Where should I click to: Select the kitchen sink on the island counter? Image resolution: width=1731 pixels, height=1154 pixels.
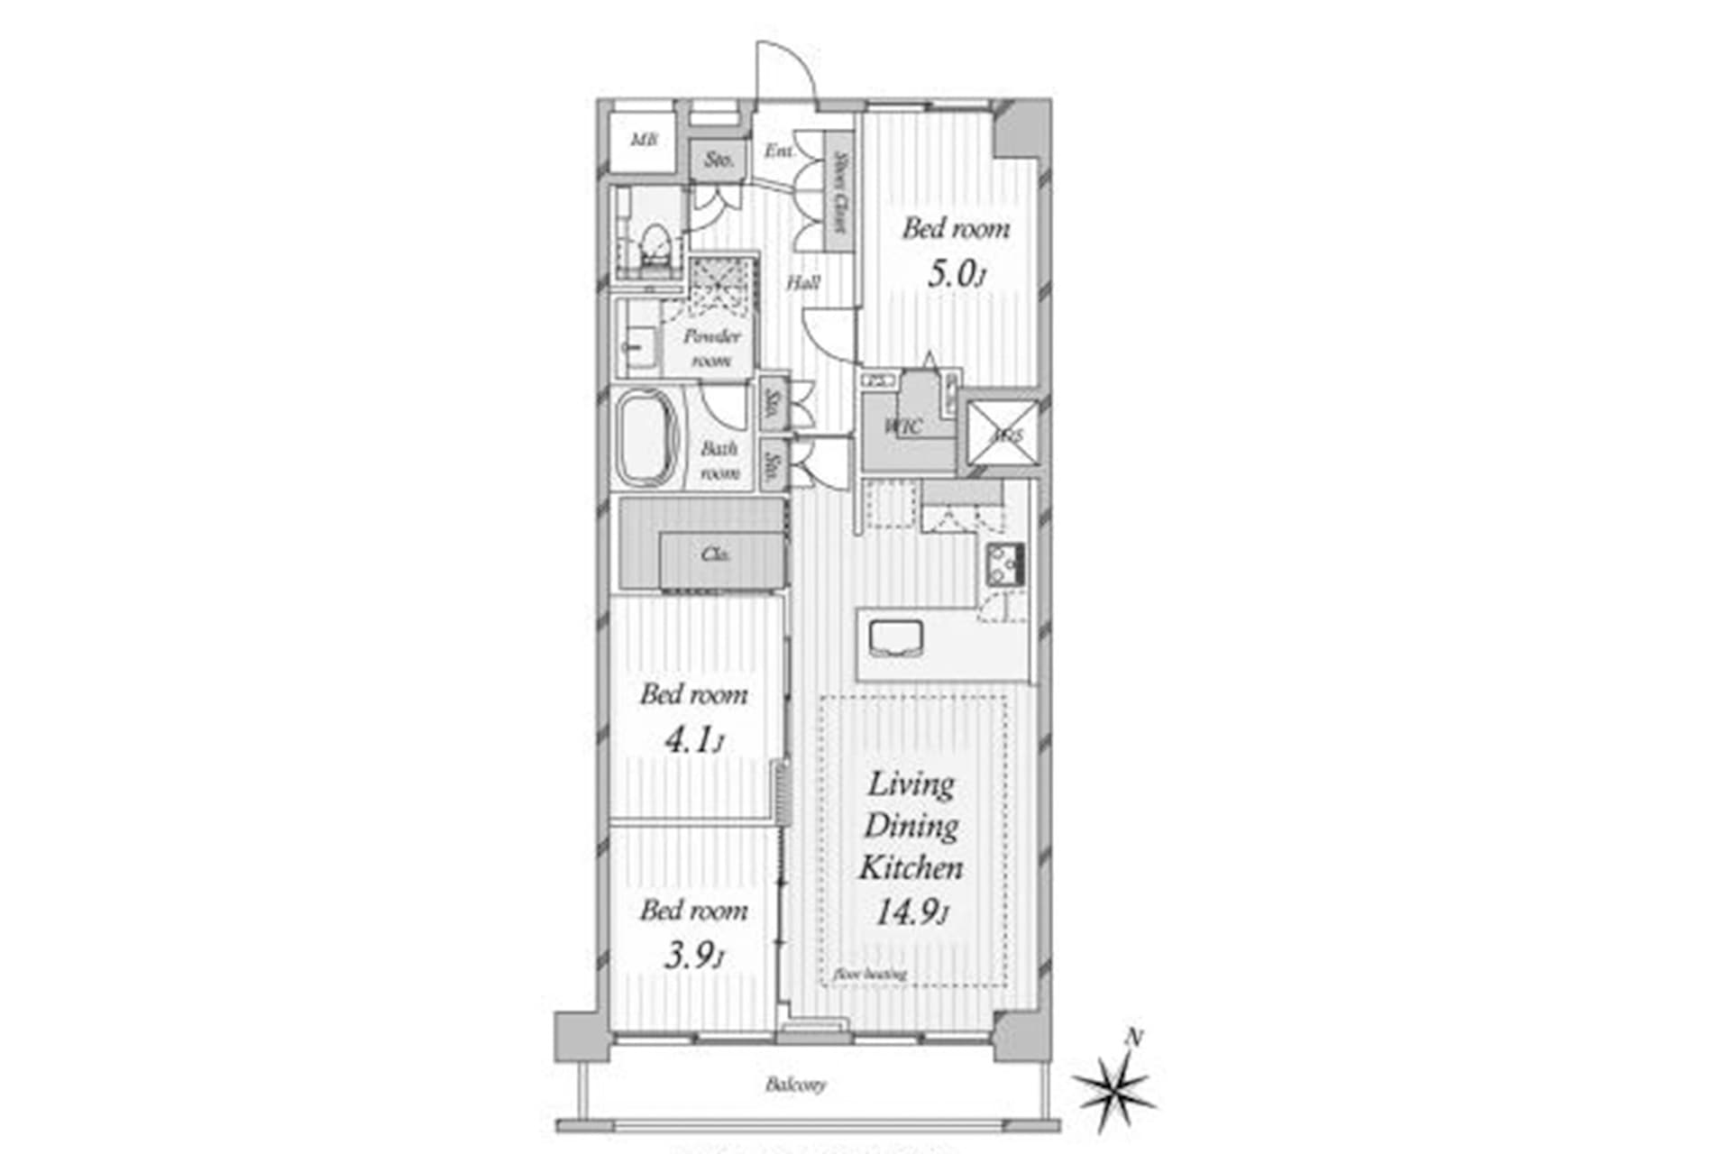tap(895, 637)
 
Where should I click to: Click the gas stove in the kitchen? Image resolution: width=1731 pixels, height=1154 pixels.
tap(1005, 564)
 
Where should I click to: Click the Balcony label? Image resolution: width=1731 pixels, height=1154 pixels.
tap(795, 1084)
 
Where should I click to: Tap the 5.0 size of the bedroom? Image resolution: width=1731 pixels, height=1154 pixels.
tap(954, 274)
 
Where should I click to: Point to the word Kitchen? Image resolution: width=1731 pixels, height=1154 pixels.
tap(911, 867)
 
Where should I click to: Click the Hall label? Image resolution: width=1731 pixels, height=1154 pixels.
tap(802, 283)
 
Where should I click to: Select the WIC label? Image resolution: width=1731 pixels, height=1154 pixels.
tap(903, 426)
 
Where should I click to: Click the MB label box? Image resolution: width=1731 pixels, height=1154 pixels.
tap(643, 141)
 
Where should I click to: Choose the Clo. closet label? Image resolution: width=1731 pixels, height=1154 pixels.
tap(715, 554)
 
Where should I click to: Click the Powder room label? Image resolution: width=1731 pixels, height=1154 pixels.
tap(711, 347)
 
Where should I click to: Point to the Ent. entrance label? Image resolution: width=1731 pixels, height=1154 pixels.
tap(779, 151)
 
